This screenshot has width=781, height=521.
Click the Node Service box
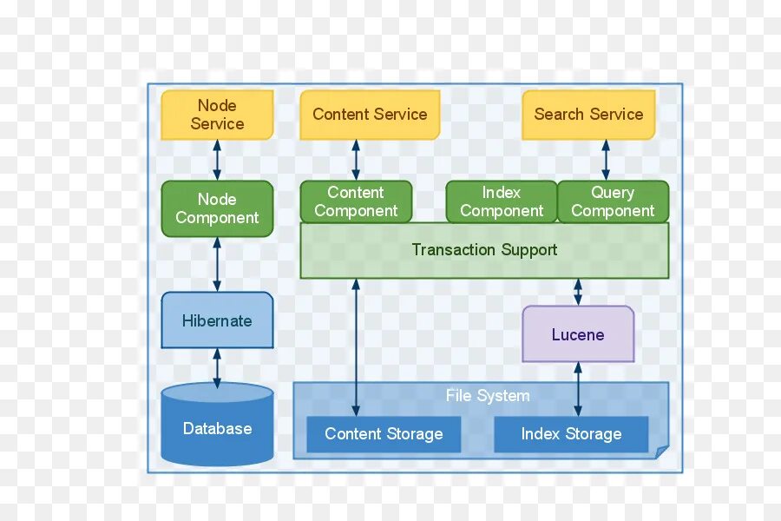tap(217, 115)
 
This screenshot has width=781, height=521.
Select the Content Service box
tap(370, 115)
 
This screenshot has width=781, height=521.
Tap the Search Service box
tap(588, 115)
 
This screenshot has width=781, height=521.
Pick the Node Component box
tap(217, 208)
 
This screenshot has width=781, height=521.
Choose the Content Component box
tap(356, 201)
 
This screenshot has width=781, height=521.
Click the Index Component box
tap(502, 201)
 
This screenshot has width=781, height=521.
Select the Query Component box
tap(613, 201)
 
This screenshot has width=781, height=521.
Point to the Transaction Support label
tap(484, 250)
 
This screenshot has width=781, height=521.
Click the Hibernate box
tap(217, 320)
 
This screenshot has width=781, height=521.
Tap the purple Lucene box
tap(578, 334)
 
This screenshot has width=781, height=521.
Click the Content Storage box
tap(384, 434)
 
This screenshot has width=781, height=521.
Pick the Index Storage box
tap(571, 434)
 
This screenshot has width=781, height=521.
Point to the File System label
tap(488, 396)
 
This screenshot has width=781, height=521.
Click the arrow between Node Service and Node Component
tap(217, 160)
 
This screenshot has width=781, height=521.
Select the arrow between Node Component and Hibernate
tap(217, 264)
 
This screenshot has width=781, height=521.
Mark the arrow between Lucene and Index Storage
tap(578, 389)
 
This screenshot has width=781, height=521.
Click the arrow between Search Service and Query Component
tap(606, 160)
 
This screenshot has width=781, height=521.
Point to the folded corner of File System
tap(661, 451)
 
